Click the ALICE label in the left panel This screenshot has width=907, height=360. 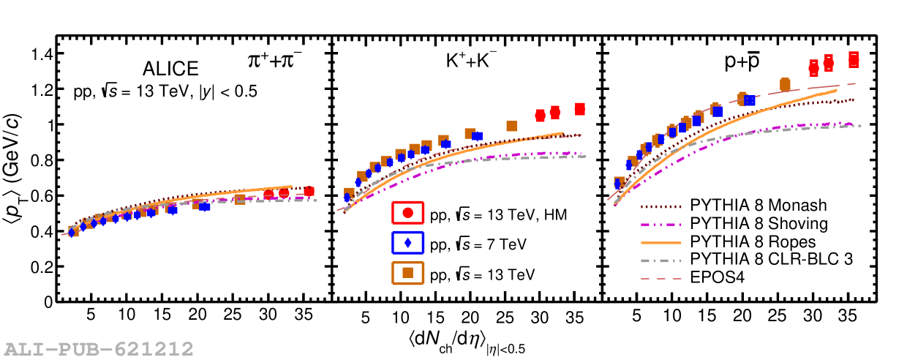(170, 69)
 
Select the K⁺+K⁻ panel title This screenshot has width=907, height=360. (467, 63)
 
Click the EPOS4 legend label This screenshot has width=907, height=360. (715, 277)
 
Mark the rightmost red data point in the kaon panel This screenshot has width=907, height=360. (579, 109)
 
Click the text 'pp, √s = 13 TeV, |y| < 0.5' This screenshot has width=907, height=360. (165, 92)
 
